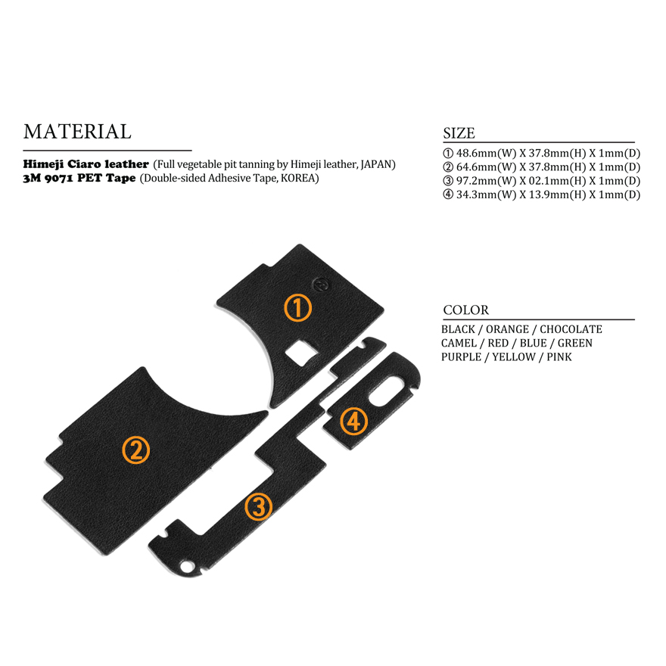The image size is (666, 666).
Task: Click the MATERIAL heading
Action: click(x=77, y=132)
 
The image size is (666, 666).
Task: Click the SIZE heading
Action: click(x=459, y=133)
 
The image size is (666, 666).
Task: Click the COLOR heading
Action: click(x=465, y=310)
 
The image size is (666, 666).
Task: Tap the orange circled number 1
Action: click(x=297, y=307)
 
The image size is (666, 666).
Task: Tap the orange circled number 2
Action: click(x=136, y=450)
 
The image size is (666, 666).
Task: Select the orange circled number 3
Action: click(x=258, y=506)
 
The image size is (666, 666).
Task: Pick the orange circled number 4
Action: click(x=354, y=422)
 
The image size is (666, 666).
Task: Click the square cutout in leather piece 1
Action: click(x=301, y=352)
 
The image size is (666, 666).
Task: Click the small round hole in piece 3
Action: click(x=185, y=567)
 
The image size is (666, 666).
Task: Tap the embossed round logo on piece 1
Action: click(x=321, y=285)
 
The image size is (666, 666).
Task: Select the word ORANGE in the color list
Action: click(x=507, y=330)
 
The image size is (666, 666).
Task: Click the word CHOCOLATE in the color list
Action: click(x=571, y=330)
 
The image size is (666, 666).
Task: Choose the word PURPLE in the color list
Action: click(x=461, y=357)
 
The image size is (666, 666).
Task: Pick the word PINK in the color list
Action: click(x=559, y=357)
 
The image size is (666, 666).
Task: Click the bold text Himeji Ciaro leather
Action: click(x=86, y=164)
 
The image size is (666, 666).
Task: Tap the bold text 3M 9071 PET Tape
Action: click(x=79, y=178)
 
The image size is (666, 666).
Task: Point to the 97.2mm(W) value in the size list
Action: click(x=486, y=181)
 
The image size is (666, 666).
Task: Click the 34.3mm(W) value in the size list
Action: click(x=486, y=195)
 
